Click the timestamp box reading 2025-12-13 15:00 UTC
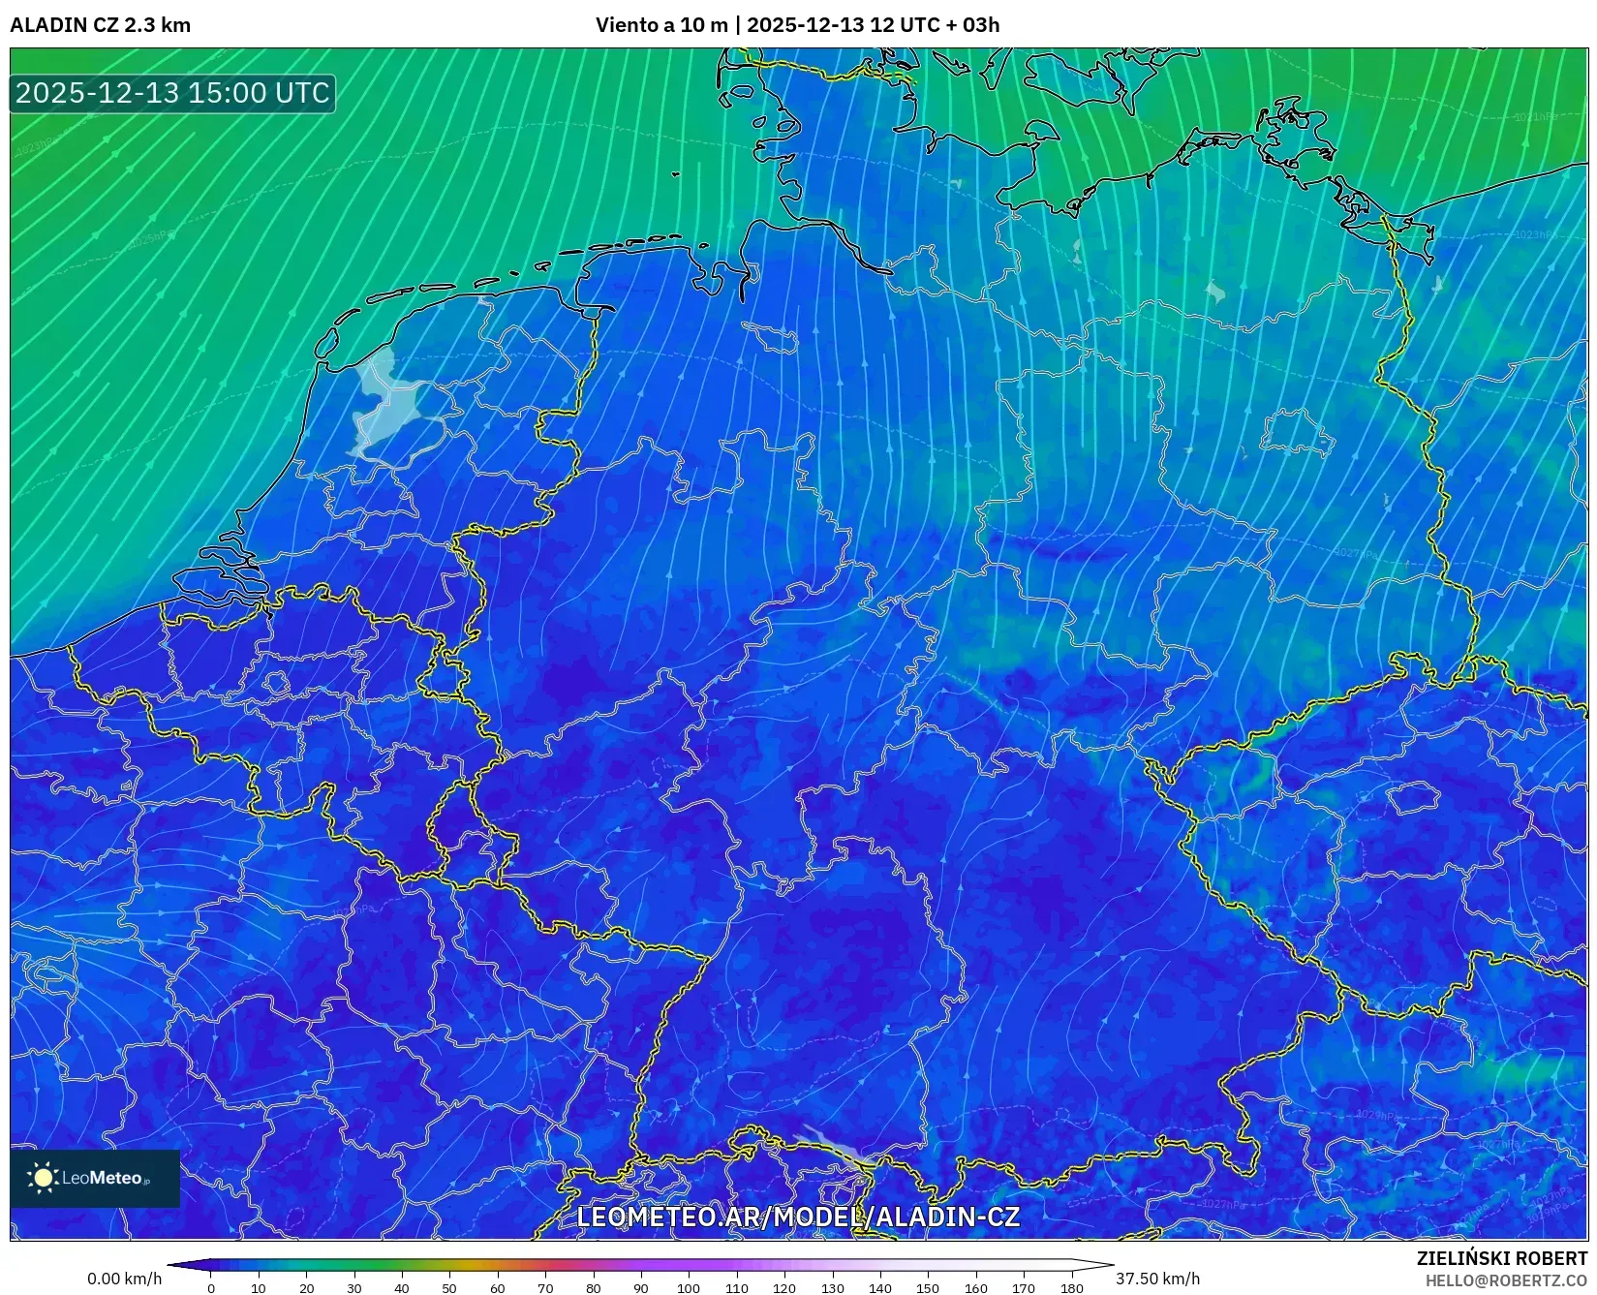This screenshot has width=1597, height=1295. pos(172,93)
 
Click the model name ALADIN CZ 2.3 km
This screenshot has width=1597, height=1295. pos(100,25)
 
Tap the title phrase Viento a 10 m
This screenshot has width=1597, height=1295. pos(660,25)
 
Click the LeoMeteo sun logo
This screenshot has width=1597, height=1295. pos(43,1178)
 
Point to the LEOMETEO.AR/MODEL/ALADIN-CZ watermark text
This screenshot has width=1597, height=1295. pos(797,1217)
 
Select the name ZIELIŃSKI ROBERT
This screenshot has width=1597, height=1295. pos(1502,1259)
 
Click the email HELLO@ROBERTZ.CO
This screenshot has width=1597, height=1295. pos(1506,1280)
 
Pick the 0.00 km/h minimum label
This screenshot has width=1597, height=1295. pos(124,1279)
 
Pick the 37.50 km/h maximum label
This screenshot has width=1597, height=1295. pos(1157,1279)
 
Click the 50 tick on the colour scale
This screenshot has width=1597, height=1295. pos(449,1288)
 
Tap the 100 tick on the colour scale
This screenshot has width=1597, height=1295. pos(688,1288)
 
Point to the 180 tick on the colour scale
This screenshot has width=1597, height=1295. pos(1071,1288)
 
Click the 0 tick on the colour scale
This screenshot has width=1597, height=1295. pos(211,1288)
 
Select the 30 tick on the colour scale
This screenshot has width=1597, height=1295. pos(354,1288)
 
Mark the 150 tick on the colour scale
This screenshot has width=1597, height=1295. pos(928,1288)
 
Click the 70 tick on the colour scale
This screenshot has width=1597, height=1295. pos(545,1288)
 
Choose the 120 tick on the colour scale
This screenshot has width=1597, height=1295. pos(784,1288)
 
